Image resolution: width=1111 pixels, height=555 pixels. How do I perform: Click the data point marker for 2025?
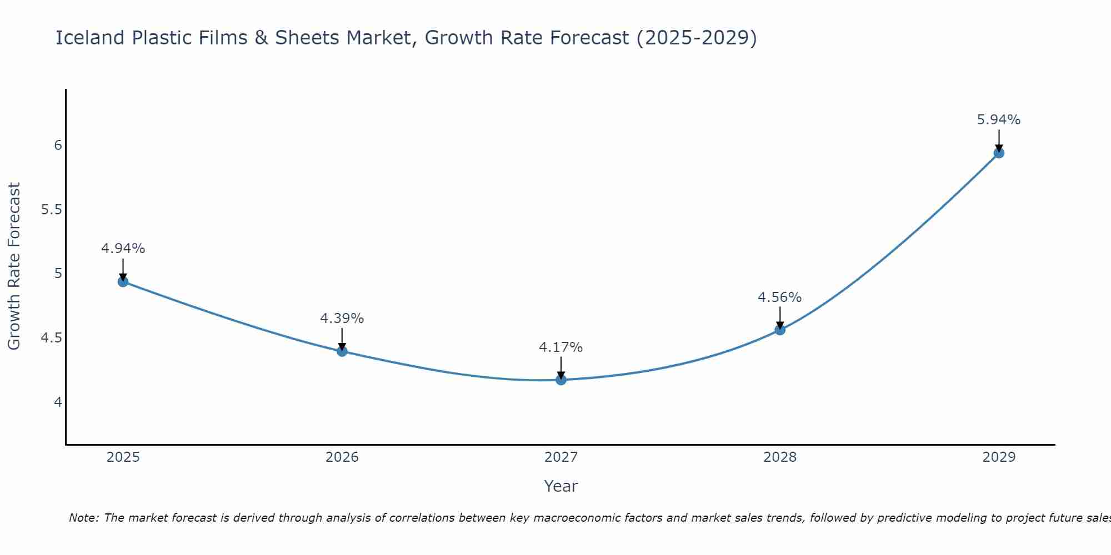pyautogui.click(x=123, y=281)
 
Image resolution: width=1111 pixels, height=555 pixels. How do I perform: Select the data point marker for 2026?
pyautogui.click(x=342, y=351)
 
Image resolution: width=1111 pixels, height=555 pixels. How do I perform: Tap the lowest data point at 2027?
pyautogui.click(x=561, y=380)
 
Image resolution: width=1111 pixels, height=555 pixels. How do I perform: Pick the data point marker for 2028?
pyautogui.click(x=780, y=330)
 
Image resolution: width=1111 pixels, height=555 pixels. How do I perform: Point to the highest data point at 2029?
pyautogui.click(x=999, y=153)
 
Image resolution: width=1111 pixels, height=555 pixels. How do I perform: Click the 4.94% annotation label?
pyautogui.click(x=123, y=249)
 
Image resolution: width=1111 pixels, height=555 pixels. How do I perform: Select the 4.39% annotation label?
pyautogui.click(x=342, y=319)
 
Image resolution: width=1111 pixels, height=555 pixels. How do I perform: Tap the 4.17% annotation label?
pyautogui.click(x=561, y=347)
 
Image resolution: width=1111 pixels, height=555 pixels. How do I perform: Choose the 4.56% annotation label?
pyautogui.click(x=780, y=297)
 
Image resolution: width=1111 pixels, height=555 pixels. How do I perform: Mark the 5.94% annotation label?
pyautogui.click(x=999, y=120)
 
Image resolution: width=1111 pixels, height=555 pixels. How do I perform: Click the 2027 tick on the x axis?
pyautogui.click(x=561, y=457)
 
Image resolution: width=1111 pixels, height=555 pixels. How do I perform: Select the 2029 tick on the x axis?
pyautogui.click(x=999, y=457)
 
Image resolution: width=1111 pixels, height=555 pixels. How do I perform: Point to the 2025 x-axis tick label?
pyautogui.click(x=123, y=457)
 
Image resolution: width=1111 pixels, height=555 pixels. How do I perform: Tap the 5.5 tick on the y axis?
pyautogui.click(x=51, y=210)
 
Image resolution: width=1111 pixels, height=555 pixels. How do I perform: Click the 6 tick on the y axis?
pyautogui.click(x=58, y=145)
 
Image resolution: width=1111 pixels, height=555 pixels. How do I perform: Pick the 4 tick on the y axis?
pyautogui.click(x=58, y=402)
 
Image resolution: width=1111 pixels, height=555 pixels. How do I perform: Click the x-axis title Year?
pyautogui.click(x=561, y=486)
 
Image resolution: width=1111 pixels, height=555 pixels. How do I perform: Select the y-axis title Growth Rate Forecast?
pyautogui.click(x=14, y=266)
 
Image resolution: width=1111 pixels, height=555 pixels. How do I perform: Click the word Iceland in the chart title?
pyautogui.click(x=90, y=38)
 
